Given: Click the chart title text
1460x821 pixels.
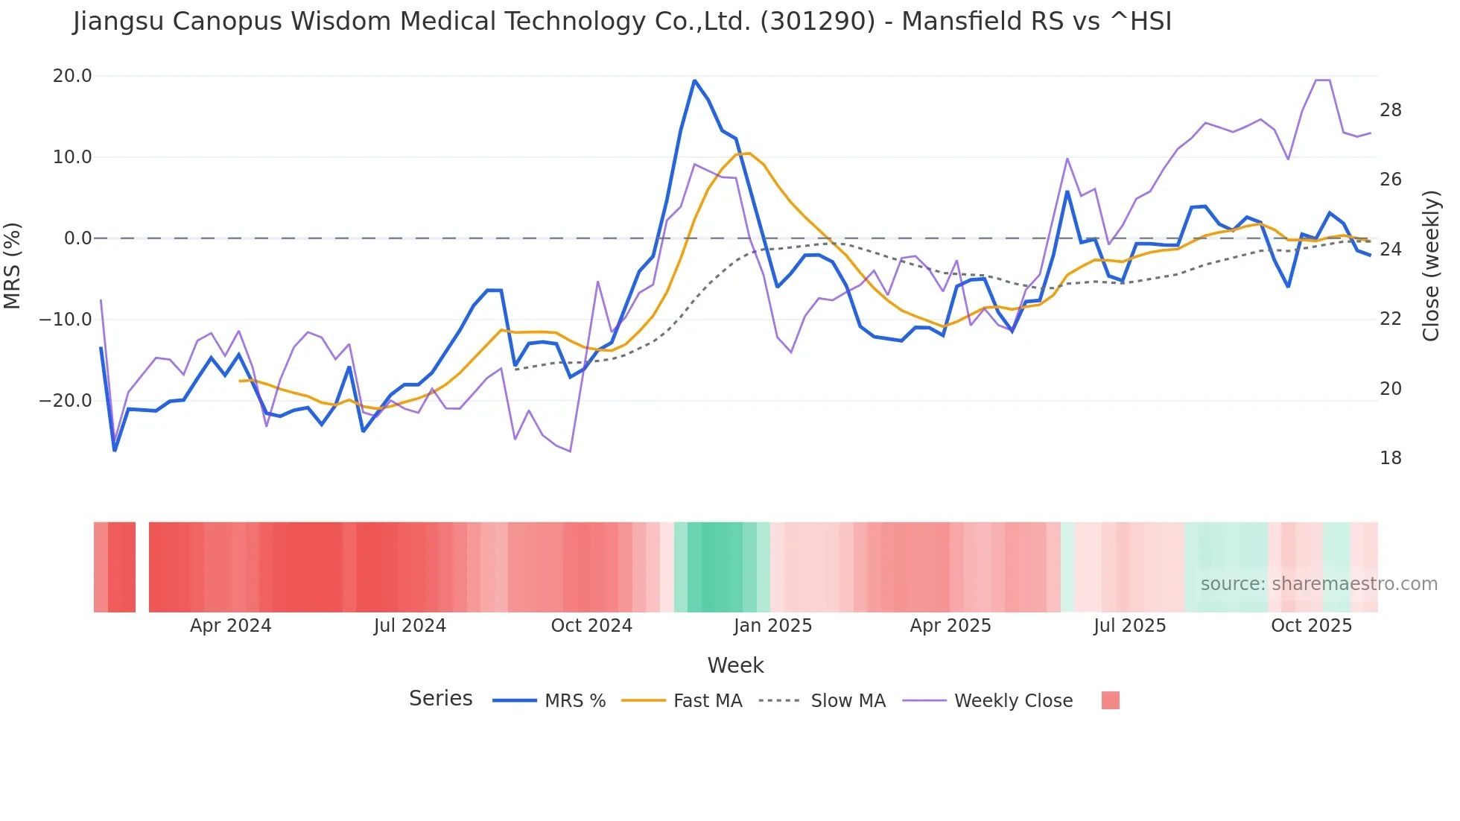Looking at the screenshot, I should [x=622, y=22].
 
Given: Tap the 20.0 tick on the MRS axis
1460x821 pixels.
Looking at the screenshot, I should [x=72, y=76].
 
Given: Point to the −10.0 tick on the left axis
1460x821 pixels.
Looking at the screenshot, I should [x=66, y=320].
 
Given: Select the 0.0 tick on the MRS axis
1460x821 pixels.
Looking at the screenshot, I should [x=78, y=238].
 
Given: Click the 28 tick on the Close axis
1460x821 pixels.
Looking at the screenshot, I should [x=1390, y=110].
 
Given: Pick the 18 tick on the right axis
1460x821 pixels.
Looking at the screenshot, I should [x=1390, y=458].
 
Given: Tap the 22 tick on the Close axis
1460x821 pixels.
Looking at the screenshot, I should [x=1390, y=319].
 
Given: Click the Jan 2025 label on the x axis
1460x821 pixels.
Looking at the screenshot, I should [x=772, y=626].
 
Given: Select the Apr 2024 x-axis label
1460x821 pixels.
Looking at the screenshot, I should [x=230, y=626].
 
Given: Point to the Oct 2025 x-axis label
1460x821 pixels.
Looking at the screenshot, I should [x=1311, y=626].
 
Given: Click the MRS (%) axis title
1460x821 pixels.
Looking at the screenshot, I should [x=13, y=265].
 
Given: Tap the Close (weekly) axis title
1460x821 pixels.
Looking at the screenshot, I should [x=1430, y=266].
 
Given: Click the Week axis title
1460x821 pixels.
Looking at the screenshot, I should [x=735, y=665].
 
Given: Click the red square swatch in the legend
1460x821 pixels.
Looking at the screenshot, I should [x=1110, y=700].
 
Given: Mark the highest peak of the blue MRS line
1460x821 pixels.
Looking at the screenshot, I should [x=694, y=80].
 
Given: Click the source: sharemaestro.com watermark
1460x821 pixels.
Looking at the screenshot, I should [x=1318, y=584].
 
